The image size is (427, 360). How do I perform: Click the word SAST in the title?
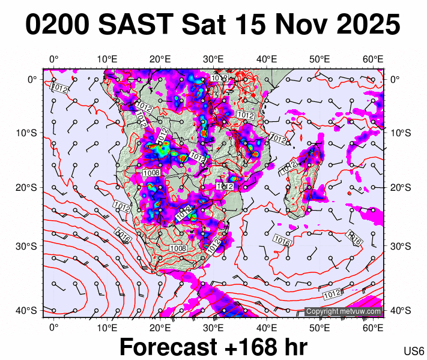(x=137, y=25)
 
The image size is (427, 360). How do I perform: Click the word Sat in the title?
(x=204, y=25)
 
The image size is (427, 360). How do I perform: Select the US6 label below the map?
(x=414, y=351)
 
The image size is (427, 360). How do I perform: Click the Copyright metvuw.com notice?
(x=344, y=311)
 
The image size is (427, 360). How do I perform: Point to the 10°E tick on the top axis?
(x=107, y=59)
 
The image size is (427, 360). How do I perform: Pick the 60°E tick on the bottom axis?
(x=374, y=328)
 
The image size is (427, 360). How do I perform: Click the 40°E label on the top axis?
(x=267, y=59)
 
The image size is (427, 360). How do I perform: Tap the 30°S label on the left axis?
(x=30, y=246)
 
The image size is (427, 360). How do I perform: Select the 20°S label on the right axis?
(x=399, y=188)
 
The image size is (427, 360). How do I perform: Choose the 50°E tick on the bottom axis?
(x=320, y=328)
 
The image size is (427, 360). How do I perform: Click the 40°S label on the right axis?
(x=399, y=310)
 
